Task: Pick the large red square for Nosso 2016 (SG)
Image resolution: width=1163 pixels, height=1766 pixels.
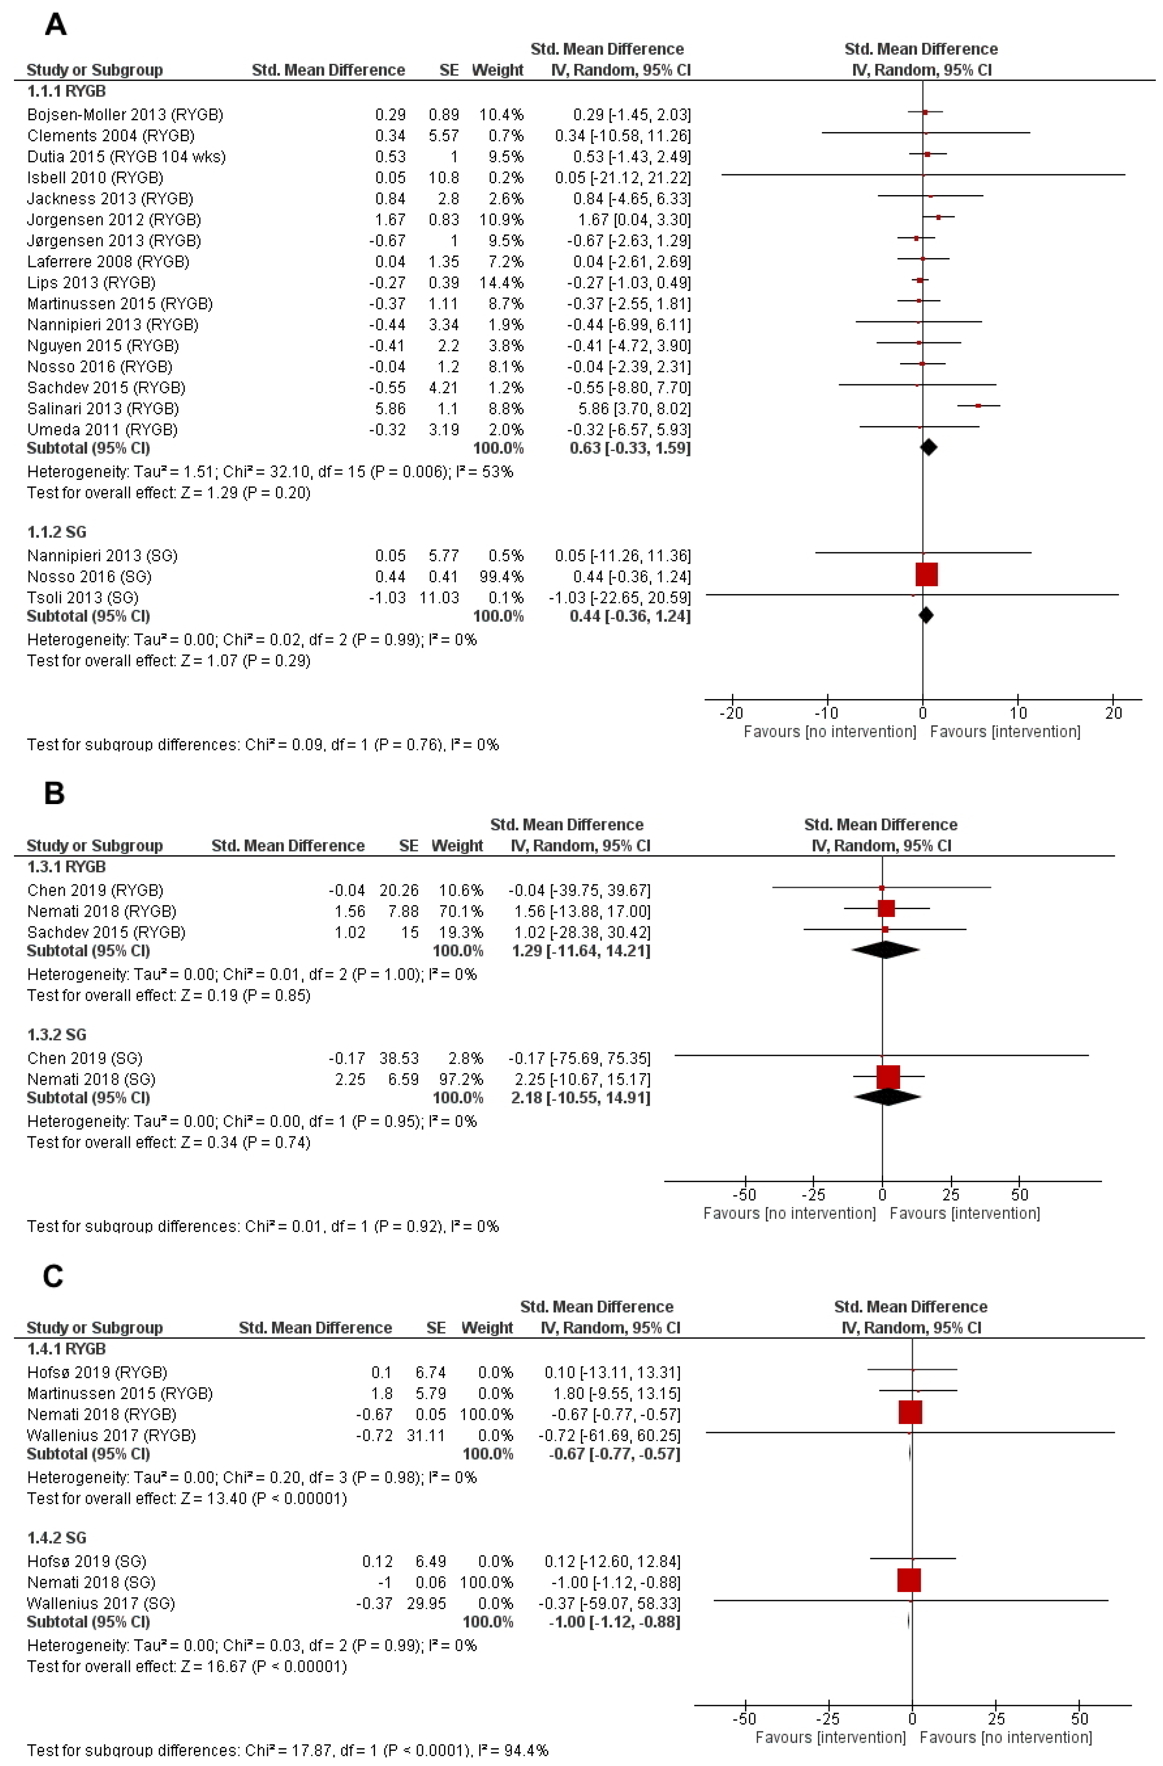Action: click(x=926, y=574)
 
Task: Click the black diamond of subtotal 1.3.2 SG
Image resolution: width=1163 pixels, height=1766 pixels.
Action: click(x=888, y=1097)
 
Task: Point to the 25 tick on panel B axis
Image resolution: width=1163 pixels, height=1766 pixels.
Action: click(x=951, y=1195)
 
